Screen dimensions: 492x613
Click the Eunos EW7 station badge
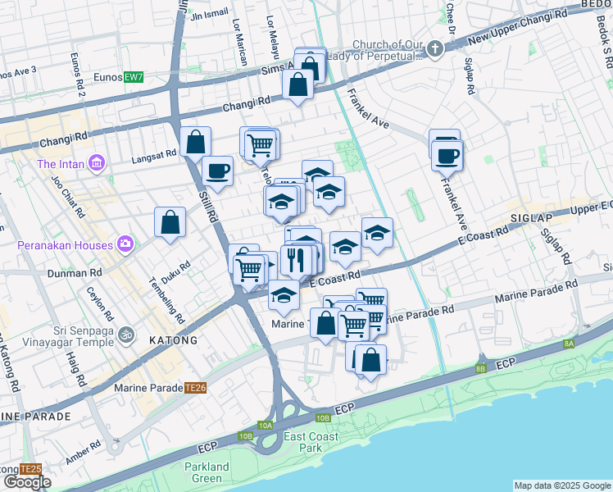(134, 77)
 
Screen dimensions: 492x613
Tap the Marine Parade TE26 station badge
(195, 388)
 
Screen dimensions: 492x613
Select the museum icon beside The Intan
(98, 163)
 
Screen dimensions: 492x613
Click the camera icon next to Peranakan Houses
(125, 244)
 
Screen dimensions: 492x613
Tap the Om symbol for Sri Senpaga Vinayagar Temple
(125, 335)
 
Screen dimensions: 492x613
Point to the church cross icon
(435, 49)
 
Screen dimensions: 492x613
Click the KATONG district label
(172, 339)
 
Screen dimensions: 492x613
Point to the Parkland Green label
(207, 472)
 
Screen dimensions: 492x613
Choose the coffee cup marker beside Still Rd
(217, 171)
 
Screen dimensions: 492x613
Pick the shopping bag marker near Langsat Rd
(197, 142)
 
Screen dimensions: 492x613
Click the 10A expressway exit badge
(265, 425)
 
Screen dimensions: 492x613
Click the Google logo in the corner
(27, 482)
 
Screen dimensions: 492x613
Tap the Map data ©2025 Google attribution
(561, 485)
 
